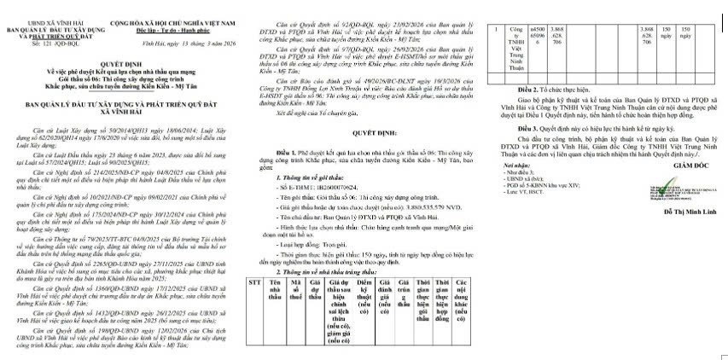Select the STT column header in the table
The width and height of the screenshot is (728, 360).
(253, 279)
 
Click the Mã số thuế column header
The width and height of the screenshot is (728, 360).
(295, 287)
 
